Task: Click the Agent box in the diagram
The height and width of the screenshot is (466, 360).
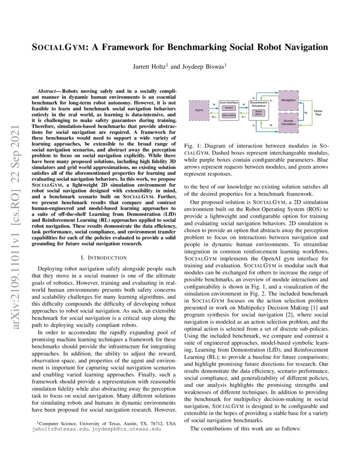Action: (x=199, y=110)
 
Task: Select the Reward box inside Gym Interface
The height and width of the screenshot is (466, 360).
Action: (x=229, y=108)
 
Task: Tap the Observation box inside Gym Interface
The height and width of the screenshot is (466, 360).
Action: (x=229, y=115)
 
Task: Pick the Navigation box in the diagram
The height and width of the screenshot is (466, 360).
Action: (x=288, y=100)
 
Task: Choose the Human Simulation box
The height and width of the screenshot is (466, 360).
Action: (x=288, y=122)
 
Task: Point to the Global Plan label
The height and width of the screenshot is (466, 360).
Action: (x=318, y=112)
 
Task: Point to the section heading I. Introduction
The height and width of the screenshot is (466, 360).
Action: (x=103, y=257)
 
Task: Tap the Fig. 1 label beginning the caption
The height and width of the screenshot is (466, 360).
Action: (x=191, y=146)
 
